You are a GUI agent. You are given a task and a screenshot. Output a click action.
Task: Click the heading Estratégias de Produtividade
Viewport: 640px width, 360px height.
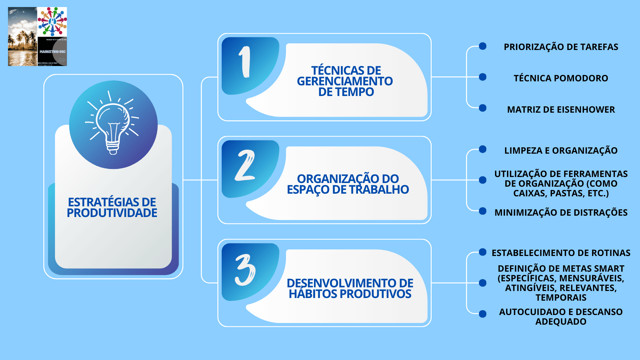pyautogui.click(x=112, y=207)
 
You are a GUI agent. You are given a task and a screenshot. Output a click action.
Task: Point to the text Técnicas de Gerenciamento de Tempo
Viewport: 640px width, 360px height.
pyautogui.click(x=345, y=81)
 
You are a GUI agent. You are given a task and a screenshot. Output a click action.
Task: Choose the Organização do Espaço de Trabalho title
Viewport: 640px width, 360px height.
pyautogui.click(x=348, y=184)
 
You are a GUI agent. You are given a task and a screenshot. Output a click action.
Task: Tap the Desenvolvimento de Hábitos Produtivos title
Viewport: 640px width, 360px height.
pyautogui.click(x=350, y=288)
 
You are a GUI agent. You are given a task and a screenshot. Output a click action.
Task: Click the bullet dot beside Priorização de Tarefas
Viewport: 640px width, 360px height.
pyautogui.click(x=482, y=46)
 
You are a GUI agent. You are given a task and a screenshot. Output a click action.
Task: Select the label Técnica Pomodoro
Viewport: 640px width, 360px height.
pyautogui.click(x=561, y=78)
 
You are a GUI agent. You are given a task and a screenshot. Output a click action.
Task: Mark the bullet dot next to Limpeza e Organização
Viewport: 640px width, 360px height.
pyautogui.click(x=482, y=149)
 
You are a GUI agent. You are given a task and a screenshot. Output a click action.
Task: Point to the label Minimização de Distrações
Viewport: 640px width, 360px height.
pyautogui.click(x=561, y=213)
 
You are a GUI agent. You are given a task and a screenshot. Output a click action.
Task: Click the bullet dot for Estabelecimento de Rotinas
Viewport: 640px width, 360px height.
pyautogui.click(x=482, y=252)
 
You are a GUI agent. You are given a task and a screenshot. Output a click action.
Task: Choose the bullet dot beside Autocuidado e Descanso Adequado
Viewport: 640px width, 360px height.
pyautogui.click(x=482, y=314)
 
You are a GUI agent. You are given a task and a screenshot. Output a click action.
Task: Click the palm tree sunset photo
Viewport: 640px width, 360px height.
pyautogui.click(x=22, y=37)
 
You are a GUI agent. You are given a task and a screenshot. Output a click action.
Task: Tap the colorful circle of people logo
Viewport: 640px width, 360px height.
pyautogui.click(x=52, y=22)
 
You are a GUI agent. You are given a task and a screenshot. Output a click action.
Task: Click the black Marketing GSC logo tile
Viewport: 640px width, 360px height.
pyautogui.click(x=52, y=51)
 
